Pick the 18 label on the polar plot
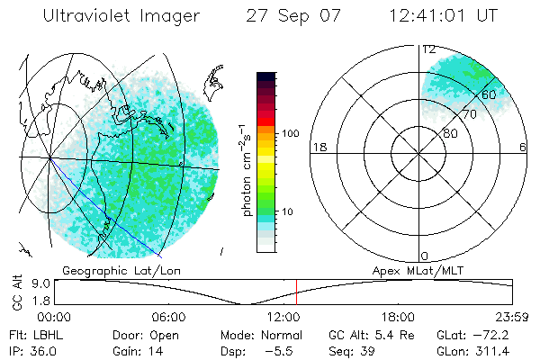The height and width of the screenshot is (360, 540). [x=318, y=147]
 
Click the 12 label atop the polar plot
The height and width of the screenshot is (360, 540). [x=428, y=50]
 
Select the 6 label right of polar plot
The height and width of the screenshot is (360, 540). [x=523, y=147]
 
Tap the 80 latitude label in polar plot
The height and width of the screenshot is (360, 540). [x=450, y=133]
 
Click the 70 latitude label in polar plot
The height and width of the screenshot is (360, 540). [x=469, y=114]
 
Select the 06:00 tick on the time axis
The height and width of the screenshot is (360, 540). [x=168, y=318]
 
